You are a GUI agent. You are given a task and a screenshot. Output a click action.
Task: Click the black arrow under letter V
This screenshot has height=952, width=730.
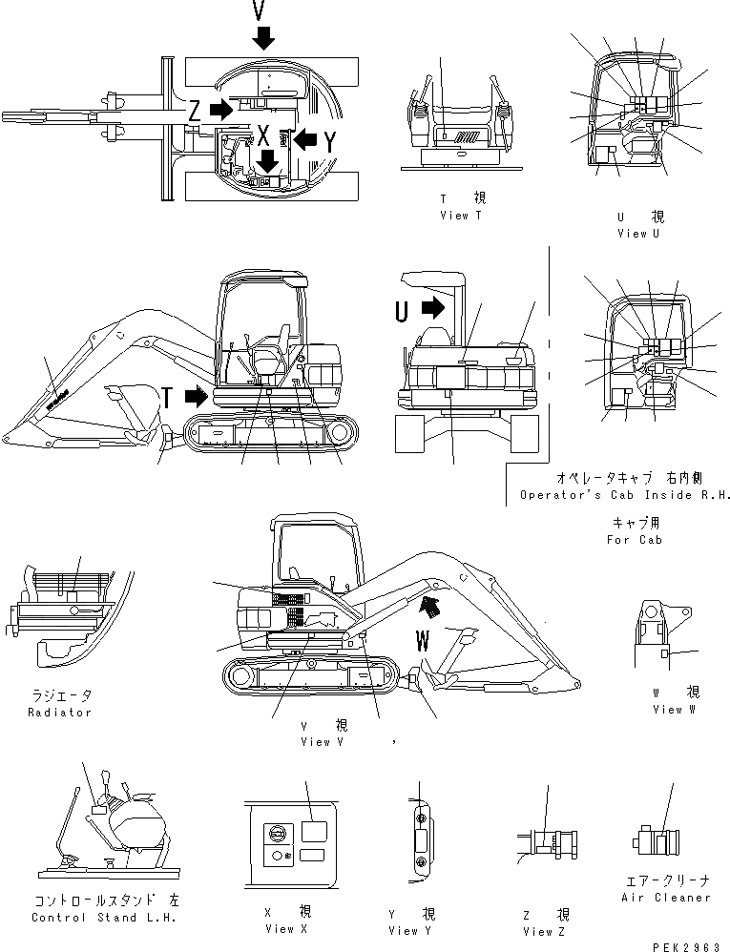tap(264, 37)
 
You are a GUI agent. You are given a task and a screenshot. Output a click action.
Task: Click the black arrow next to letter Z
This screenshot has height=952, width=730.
tap(220, 109)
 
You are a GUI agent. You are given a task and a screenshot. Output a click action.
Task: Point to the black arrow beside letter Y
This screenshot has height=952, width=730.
tap(304, 139)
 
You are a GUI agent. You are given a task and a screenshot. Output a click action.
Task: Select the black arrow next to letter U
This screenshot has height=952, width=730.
tap(432, 308)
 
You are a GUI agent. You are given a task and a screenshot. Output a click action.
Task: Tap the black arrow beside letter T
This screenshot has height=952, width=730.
tap(194, 394)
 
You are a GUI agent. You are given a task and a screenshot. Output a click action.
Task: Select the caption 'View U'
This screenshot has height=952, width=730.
tap(632, 233)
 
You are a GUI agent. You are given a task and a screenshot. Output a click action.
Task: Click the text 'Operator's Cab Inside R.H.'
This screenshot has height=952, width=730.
tap(625, 495)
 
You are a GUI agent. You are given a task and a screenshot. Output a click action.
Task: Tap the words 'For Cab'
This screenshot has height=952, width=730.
tap(634, 540)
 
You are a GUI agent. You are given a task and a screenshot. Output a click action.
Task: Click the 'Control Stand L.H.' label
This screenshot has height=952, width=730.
tap(105, 918)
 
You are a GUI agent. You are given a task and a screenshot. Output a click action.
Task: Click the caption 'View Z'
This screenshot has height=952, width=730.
tap(547, 931)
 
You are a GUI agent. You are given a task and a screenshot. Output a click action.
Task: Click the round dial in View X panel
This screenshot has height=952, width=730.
tap(279, 833)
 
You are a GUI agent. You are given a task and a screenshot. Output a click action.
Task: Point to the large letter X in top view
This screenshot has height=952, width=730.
tap(263, 134)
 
